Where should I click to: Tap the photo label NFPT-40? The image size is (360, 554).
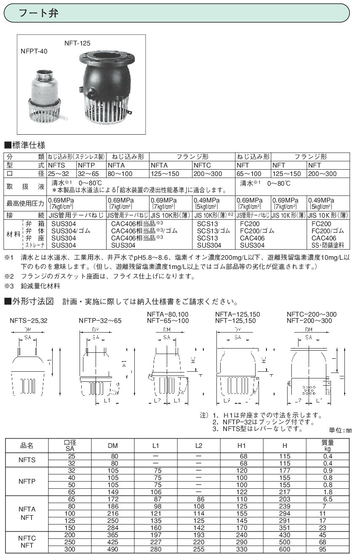pyautogui.click(x=34, y=51)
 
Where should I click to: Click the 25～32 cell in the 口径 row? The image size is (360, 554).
pyautogui.click(x=58, y=173)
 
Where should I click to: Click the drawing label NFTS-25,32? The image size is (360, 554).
pyautogui.click(x=28, y=320)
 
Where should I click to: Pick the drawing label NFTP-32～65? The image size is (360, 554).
pyautogui.click(x=100, y=320)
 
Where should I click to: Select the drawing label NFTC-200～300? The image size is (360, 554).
pyautogui.click(x=311, y=314)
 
